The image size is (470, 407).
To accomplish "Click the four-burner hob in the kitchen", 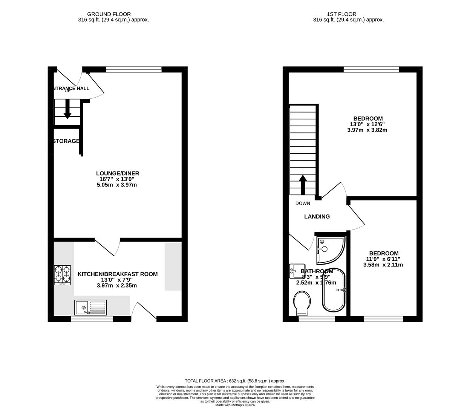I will click(x=63, y=275).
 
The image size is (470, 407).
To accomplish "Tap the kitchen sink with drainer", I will click(x=91, y=308).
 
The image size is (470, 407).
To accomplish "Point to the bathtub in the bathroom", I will click(x=334, y=290).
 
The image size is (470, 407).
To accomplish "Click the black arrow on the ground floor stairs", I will click(x=67, y=109).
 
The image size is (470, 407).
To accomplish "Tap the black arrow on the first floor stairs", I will click(x=302, y=184).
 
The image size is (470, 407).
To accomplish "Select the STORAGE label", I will click(x=66, y=141).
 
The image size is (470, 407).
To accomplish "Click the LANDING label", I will click(x=317, y=217).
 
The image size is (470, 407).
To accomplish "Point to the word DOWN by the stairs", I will click(x=303, y=203).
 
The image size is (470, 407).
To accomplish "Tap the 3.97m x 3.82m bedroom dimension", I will click(x=367, y=130).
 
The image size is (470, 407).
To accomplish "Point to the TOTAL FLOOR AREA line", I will click(x=235, y=381).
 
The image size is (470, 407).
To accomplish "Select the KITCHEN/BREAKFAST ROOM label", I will click(x=118, y=274).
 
